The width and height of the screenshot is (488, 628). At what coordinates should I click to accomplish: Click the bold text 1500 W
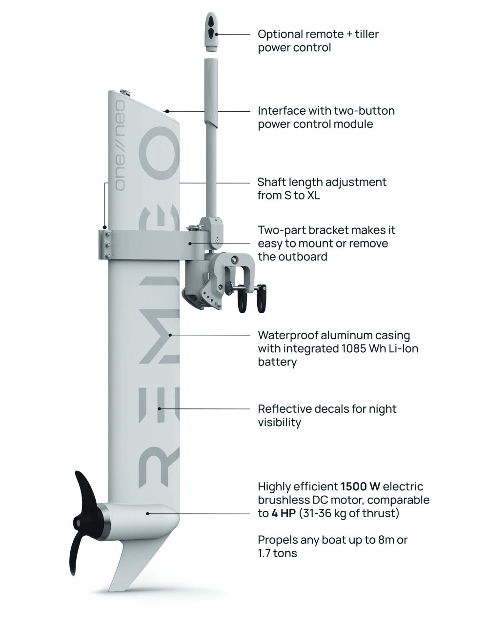point(360,486)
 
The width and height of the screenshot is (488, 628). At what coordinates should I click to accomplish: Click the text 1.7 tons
point(277,553)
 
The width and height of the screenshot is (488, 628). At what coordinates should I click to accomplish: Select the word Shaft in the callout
point(270,182)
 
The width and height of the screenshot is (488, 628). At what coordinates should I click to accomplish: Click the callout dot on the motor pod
point(148,513)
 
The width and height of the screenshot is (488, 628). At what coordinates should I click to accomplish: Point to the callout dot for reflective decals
point(160,408)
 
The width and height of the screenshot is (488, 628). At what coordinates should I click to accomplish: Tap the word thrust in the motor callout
point(380,513)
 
